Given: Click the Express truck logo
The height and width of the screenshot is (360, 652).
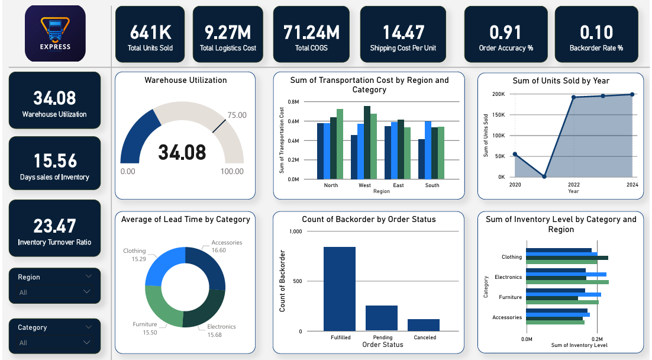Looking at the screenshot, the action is pos(55,33).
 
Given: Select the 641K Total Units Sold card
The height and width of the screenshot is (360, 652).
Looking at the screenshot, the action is pos(150,34).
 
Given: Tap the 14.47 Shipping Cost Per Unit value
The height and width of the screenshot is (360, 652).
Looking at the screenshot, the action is pos(403,33).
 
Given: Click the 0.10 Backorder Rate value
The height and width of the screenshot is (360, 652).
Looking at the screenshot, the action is pos(596,33).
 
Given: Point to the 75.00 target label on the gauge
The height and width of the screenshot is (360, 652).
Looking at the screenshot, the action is pos(237,115).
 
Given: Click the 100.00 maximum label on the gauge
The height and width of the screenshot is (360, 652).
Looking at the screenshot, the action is pos(232,171).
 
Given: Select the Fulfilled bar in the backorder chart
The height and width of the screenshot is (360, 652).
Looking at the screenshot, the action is pos(339,289).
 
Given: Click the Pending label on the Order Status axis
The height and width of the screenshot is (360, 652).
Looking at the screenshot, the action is pos(383,337).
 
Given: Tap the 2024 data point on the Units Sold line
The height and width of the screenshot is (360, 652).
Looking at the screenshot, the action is pos(632,95).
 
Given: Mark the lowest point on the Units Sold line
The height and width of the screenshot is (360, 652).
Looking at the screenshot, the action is pos(544,176).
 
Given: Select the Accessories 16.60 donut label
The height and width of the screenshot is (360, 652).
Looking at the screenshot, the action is pos(227,246).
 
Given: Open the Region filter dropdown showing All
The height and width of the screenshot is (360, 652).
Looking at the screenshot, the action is pos(54,292).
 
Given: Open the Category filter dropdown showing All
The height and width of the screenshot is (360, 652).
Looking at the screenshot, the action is pos(54,342).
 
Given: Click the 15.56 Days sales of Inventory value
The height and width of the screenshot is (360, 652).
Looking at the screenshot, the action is pos(55,160).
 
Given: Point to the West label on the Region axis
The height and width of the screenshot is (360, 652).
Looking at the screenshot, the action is pos(364,185).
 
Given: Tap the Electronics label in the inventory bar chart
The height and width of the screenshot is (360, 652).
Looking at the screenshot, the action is pos(508,277).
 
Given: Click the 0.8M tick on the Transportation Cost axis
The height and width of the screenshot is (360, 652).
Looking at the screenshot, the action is pos(293,102).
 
